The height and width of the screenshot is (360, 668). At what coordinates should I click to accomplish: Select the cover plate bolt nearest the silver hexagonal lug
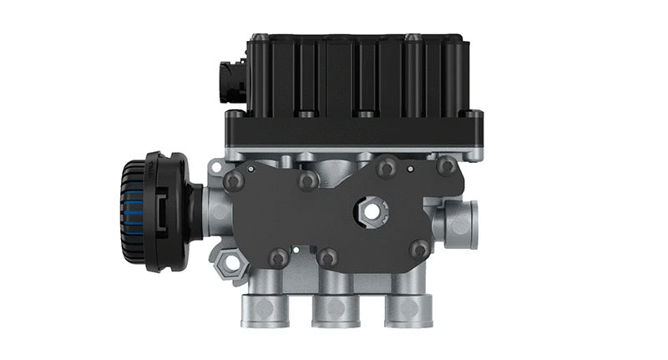point(279,257)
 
